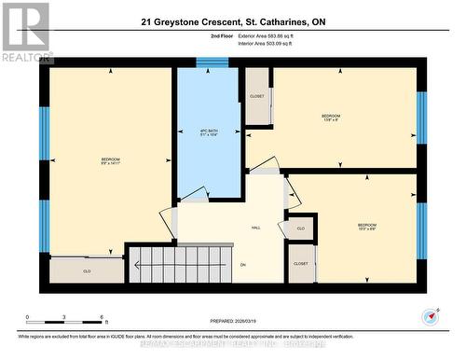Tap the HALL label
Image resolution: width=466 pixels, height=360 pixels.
255,228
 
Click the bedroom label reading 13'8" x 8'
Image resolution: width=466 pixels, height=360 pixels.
330,118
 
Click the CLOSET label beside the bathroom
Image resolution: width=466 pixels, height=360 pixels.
257,96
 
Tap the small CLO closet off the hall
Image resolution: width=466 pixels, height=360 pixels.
300,228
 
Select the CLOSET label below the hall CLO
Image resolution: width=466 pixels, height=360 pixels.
300,264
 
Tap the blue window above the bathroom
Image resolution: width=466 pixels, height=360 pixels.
212,62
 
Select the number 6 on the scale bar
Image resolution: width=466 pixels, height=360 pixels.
101,317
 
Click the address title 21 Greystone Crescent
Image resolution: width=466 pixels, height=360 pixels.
233,21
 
